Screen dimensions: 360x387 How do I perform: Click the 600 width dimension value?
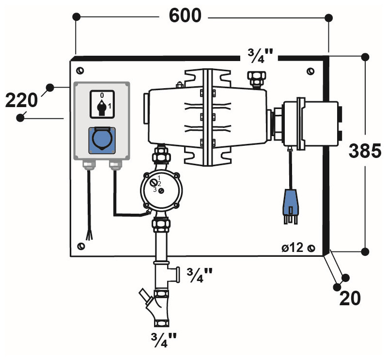[x=185, y=16]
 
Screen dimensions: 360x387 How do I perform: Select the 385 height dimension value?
[x=365, y=152]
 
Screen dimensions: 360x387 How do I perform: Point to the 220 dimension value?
[x=21, y=101]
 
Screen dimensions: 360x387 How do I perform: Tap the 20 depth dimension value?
[x=350, y=298]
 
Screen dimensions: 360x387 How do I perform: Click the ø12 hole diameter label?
[x=293, y=248]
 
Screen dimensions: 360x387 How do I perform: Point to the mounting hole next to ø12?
[x=311, y=248]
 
